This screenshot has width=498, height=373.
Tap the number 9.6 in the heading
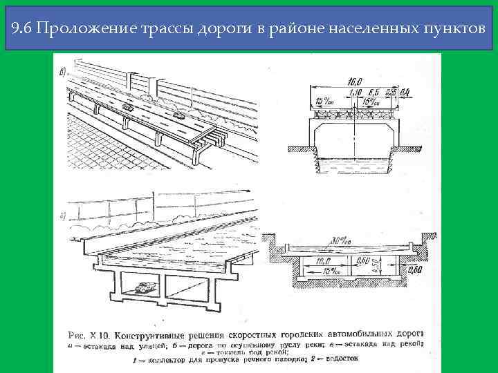point(24,29)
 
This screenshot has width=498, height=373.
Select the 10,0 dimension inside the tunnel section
point(322,261)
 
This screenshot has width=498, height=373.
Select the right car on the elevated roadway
point(181,115)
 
